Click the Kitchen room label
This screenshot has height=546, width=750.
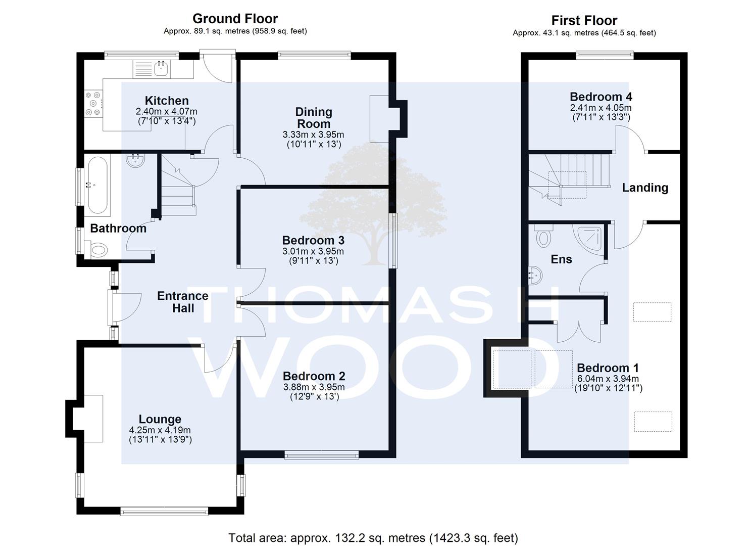pyautogui.click(x=167, y=101)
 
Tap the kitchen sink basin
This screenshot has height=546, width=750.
pyautogui.click(x=162, y=69)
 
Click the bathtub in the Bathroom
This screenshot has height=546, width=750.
pyautogui.click(x=98, y=185)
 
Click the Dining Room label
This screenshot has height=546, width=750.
pyautogui.click(x=314, y=118)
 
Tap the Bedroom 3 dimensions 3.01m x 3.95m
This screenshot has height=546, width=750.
pyautogui.click(x=313, y=251)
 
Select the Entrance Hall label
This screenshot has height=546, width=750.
pyautogui.click(x=183, y=302)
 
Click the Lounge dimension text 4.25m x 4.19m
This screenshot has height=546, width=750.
pyautogui.click(x=160, y=430)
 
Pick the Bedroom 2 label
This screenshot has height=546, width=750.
pyautogui.click(x=314, y=376)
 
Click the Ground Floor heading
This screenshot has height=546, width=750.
pyautogui.click(x=235, y=18)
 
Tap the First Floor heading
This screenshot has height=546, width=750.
pyautogui.click(x=584, y=20)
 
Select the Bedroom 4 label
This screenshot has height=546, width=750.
pyautogui.click(x=601, y=97)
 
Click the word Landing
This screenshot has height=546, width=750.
pyautogui.click(x=645, y=188)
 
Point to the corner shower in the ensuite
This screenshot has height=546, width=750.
pyautogui.click(x=589, y=237)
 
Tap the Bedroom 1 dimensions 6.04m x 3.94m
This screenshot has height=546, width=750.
pyautogui.click(x=608, y=379)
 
